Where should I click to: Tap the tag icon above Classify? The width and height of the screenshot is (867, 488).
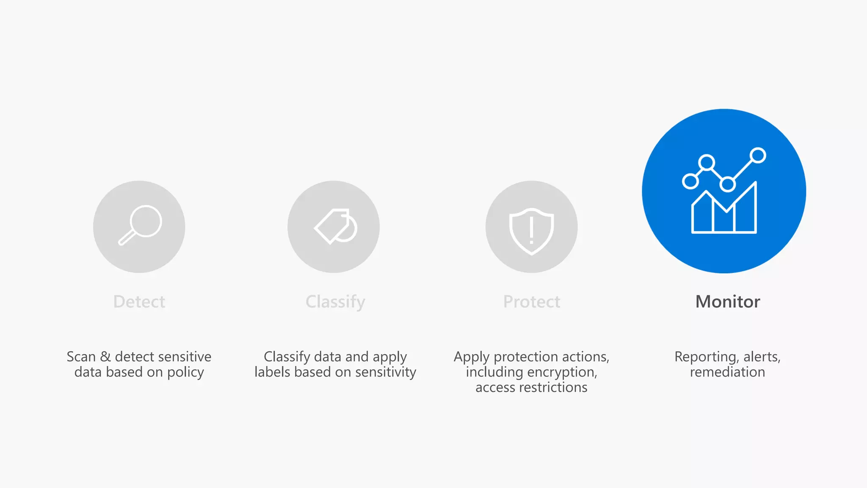335,227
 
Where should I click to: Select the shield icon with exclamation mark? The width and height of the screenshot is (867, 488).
531,230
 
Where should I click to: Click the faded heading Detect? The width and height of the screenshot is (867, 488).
139,302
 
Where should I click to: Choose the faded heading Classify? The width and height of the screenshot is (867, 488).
335,302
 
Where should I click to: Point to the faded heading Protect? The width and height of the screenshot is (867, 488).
531,302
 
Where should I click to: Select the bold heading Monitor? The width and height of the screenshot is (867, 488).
727,302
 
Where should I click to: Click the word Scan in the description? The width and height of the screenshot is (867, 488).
81,357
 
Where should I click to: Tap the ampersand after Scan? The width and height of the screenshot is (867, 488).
105,357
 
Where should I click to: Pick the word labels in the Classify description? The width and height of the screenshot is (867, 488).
272,372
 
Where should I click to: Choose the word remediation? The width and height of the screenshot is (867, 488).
727,372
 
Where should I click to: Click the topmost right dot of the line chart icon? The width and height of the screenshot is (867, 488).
758,155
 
